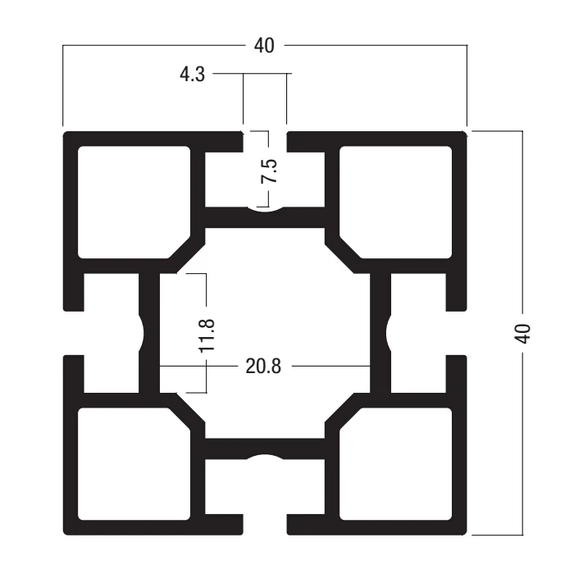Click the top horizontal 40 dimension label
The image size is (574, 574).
(x=264, y=46)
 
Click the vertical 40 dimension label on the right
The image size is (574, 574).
(x=522, y=334)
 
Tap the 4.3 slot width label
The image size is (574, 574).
(x=192, y=75)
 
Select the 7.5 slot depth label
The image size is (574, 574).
(x=269, y=171)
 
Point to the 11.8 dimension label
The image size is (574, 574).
(x=207, y=335)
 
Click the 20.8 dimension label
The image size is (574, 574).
(x=263, y=366)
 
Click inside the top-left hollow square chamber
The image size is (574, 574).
(x=134, y=202)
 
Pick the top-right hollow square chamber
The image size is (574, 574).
(x=396, y=202)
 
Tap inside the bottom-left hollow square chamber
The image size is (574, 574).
(x=134, y=464)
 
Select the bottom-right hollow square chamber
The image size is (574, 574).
(x=396, y=464)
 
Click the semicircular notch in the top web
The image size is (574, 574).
(x=265, y=209)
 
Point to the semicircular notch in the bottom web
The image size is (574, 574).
(x=265, y=457)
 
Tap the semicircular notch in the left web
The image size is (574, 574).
(x=141, y=333)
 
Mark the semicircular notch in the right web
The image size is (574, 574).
(x=389, y=333)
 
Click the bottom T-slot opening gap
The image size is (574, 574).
(x=265, y=525)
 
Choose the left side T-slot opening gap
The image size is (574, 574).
(x=74, y=333)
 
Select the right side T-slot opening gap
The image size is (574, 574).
(x=457, y=333)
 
